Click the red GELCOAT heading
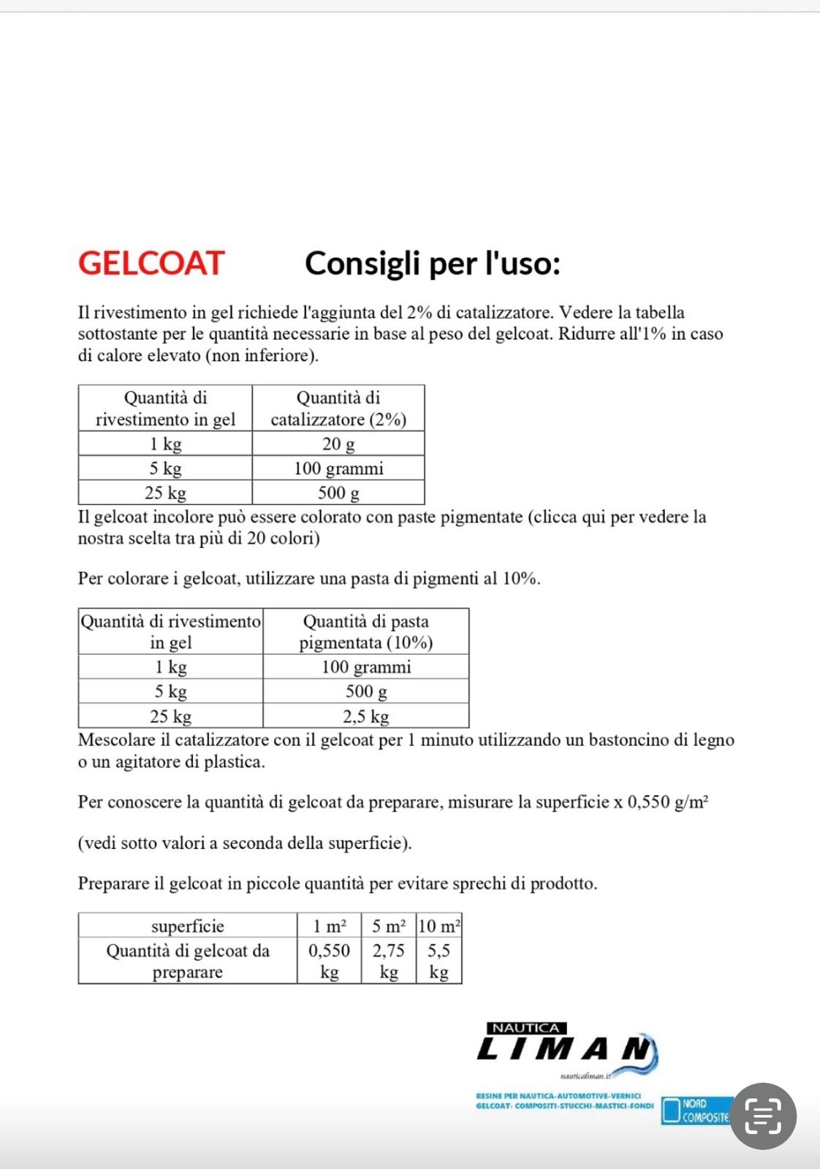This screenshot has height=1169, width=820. (151, 263)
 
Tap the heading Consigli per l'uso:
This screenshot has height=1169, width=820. (432, 263)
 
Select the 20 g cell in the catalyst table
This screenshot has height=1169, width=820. (338, 443)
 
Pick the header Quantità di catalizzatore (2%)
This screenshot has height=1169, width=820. (338, 408)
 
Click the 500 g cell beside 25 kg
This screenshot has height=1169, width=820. (338, 493)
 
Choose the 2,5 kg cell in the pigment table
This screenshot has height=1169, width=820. (365, 716)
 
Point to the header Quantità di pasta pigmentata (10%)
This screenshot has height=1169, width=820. (365, 632)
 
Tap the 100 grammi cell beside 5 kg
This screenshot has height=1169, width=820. (338, 468)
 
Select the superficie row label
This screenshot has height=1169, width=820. (187, 926)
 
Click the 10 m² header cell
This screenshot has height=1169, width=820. (439, 926)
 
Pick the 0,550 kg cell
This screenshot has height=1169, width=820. (329, 961)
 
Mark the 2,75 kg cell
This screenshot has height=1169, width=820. (388, 961)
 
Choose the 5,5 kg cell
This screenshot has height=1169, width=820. (439, 961)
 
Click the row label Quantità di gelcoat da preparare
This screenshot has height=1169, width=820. (187, 961)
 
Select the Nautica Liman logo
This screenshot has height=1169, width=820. (566, 1049)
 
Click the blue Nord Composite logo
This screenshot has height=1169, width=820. (696, 1111)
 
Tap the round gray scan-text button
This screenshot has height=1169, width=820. (762, 1116)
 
